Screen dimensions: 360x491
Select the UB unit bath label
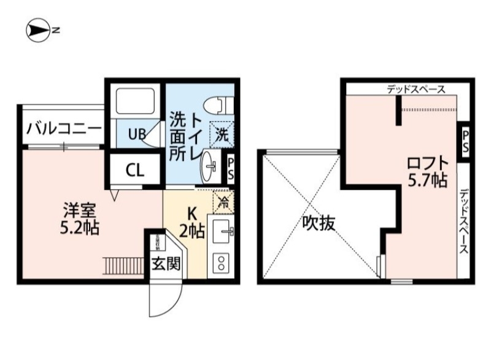pyautogui.click(x=136, y=133)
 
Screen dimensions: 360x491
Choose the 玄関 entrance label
pyautogui.click(x=166, y=265)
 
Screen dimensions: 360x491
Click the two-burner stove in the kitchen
pyautogui.click(x=220, y=263)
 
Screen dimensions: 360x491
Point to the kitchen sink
pyautogui.click(x=222, y=232)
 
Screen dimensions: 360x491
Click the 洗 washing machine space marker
pyautogui.click(x=222, y=131)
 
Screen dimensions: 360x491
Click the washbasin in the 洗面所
pyautogui.click(x=212, y=165)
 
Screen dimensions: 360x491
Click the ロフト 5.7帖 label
pyautogui.click(x=426, y=173)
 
